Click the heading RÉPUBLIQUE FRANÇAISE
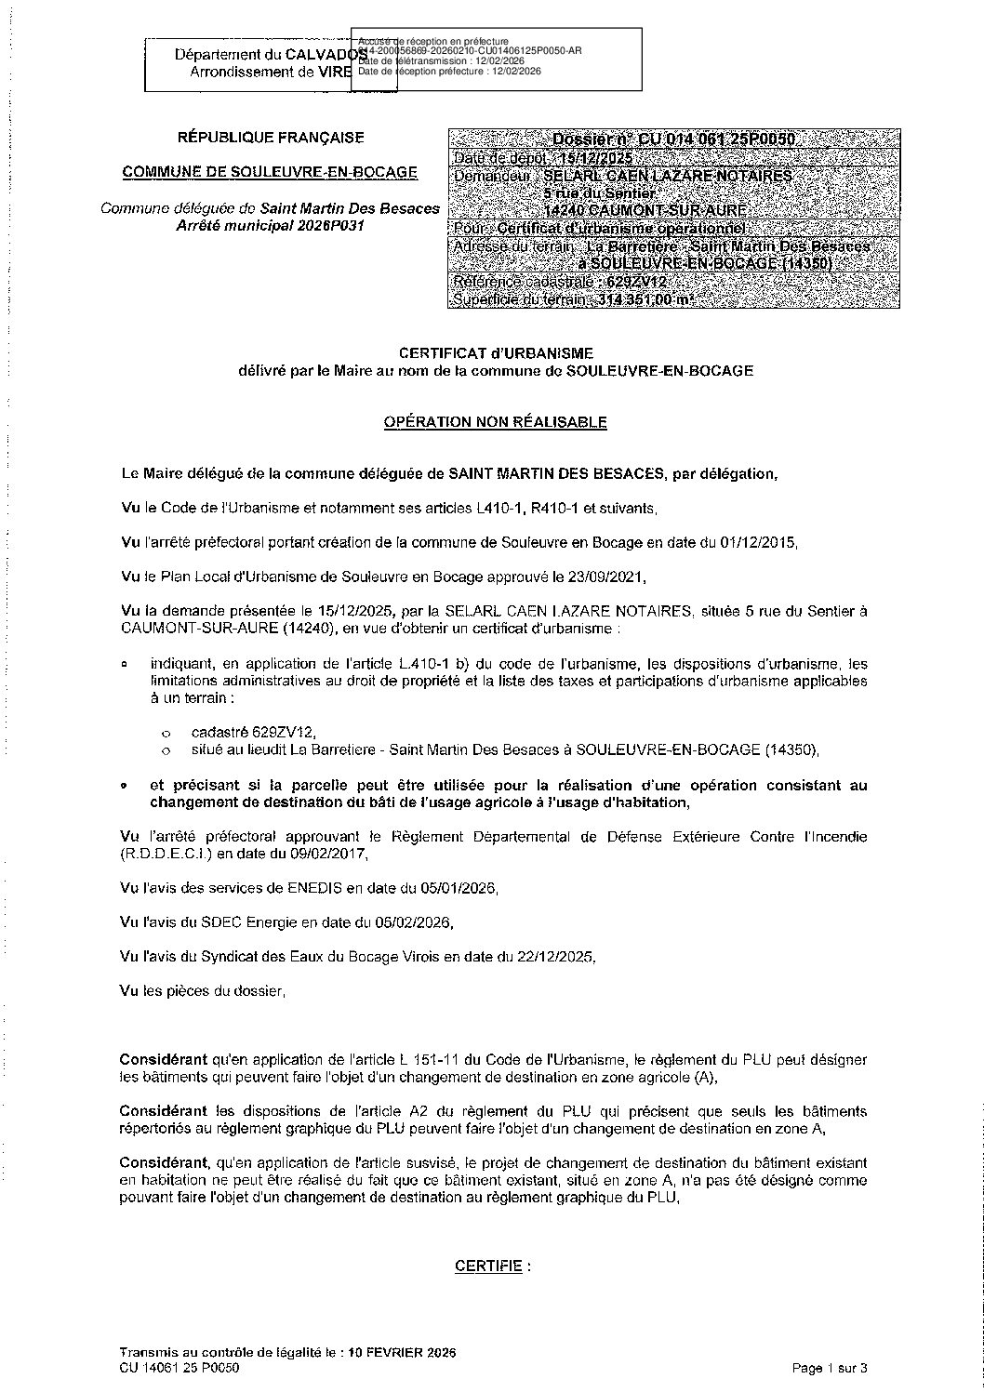[x=271, y=138]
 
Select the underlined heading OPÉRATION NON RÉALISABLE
[x=496, y=422]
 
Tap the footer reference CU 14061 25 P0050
[x=180, y=1368]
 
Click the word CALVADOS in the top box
[x=326, y=56]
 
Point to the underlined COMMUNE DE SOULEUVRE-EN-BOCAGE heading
[x=271, y=172]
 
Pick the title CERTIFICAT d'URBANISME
[x=496, y=353]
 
